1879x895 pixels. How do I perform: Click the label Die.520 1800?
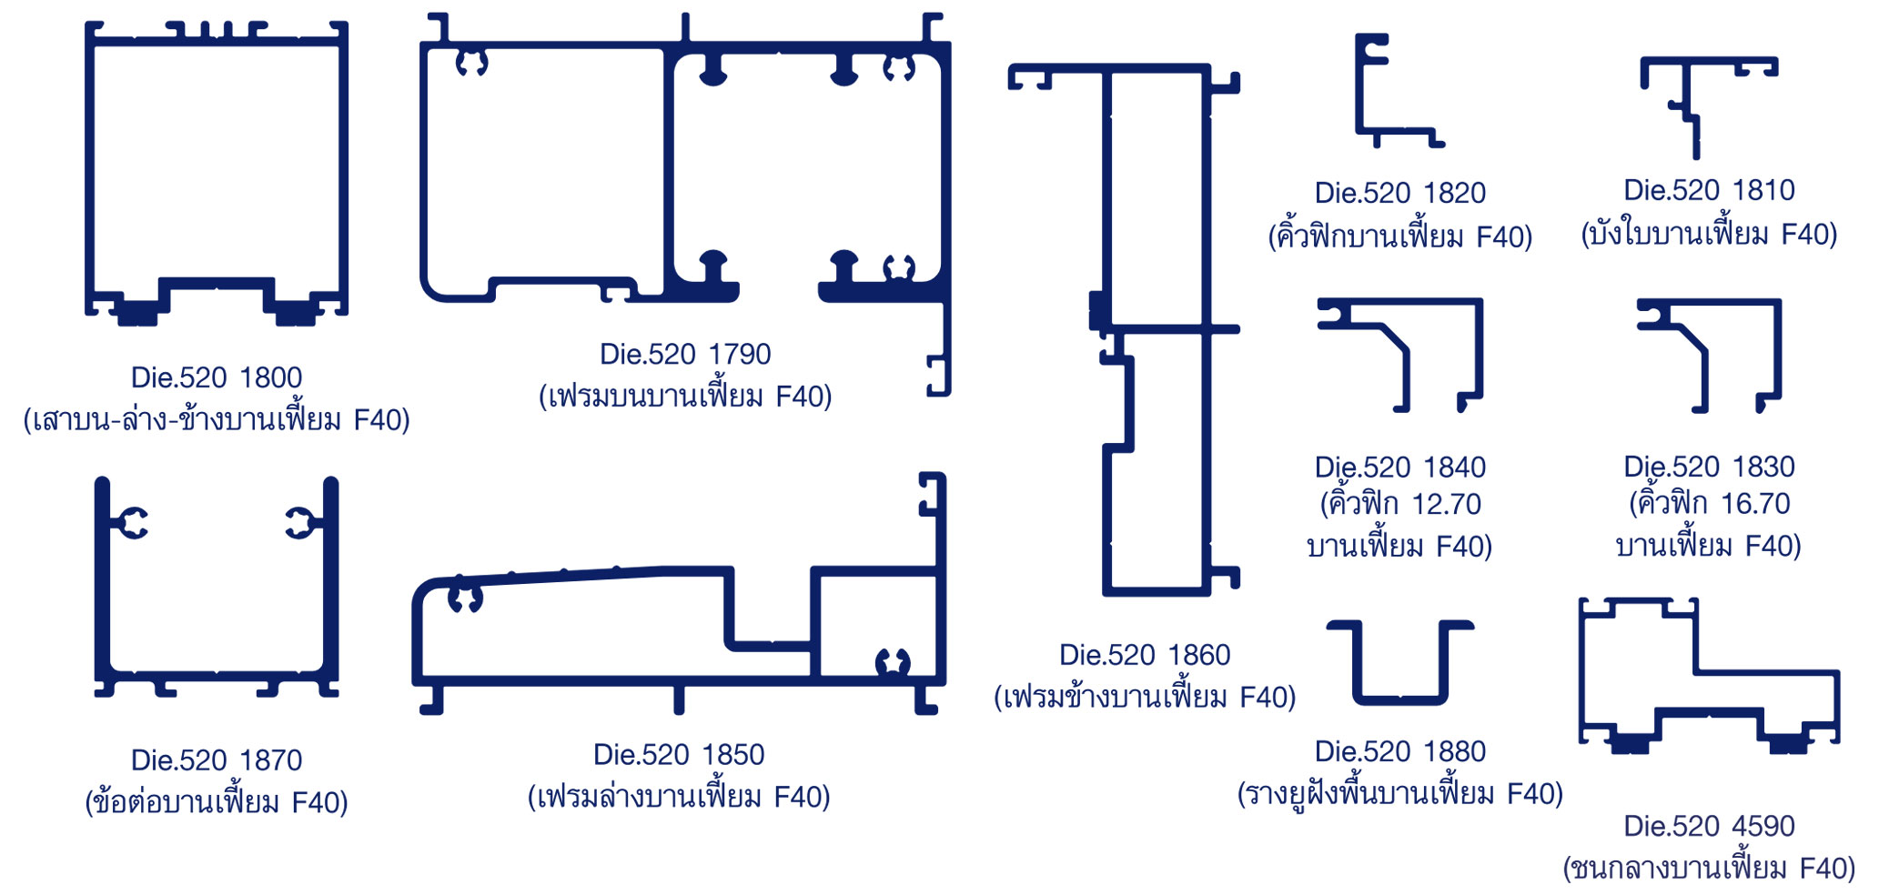(217, 377)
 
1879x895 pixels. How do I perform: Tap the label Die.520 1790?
(684, 354)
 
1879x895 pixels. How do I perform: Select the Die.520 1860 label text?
(1144, 655)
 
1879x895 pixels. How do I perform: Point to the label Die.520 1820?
(1399, 193)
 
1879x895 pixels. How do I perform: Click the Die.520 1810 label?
(1709, 190)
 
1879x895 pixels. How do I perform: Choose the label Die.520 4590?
(1709, 826)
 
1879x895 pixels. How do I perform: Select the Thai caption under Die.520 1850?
(679, 798)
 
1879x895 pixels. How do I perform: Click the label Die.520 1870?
(217, 760)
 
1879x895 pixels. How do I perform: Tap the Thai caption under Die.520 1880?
(1399, 794)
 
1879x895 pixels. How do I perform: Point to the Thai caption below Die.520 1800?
(217, 420)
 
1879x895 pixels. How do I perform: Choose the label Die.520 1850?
(679, 755)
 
